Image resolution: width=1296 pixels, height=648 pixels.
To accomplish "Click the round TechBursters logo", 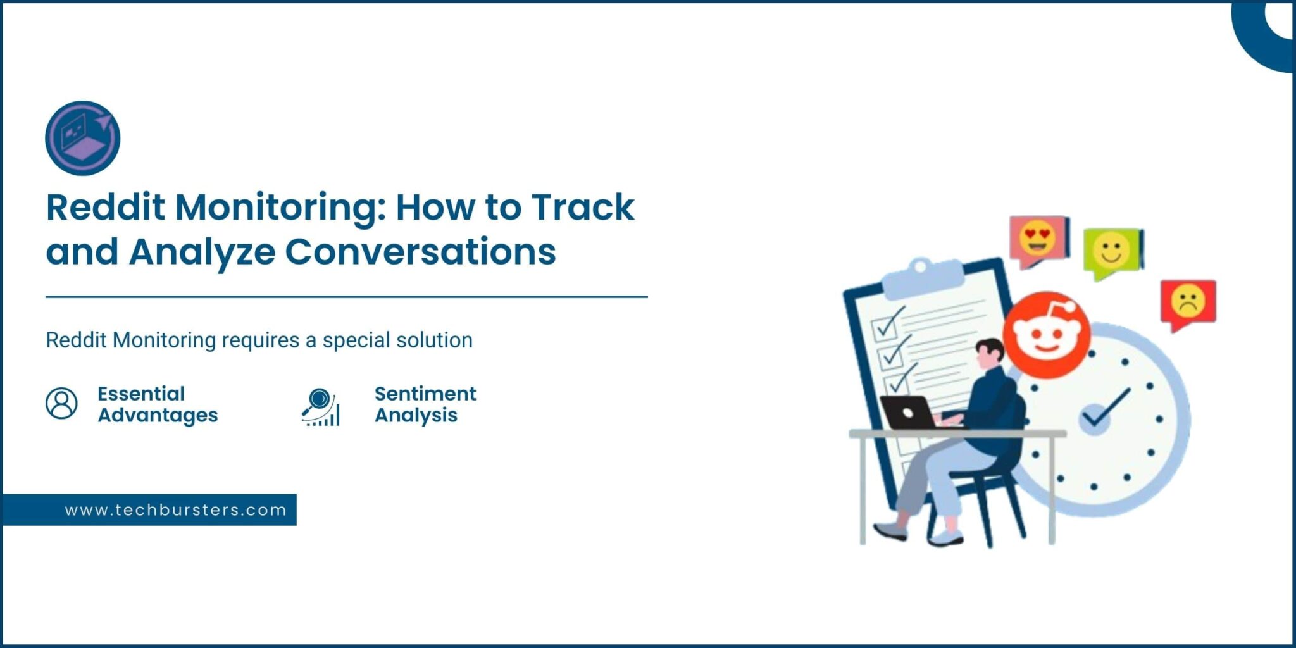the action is [83, 138].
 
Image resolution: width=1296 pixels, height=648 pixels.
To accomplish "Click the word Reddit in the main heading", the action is [106, 207].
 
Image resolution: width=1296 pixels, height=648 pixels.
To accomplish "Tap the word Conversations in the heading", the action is [420, 251].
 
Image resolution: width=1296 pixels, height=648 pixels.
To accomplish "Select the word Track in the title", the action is [582, 207].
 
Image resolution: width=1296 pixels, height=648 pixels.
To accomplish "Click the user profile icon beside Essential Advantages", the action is [61, 403].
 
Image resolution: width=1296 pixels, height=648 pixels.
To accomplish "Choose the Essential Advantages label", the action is [158, 404].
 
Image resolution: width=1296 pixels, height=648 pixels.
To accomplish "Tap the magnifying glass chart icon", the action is [321, 406].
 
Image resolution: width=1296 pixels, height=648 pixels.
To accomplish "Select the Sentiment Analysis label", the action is [425, 404].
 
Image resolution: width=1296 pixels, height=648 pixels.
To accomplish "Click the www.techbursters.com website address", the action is [176, 510].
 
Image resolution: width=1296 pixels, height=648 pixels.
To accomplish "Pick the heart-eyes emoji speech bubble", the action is [1039, 241].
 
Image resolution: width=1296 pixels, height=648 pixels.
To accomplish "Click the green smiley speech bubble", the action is [1113, 253].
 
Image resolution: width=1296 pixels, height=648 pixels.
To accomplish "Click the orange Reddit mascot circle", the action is [1046, 335].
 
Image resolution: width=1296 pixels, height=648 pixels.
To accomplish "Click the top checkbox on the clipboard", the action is [884, 327].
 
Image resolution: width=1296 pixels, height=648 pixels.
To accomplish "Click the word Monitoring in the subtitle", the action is [165, 340].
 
